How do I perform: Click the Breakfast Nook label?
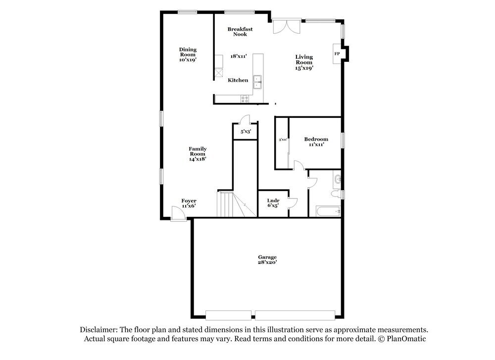pyautogui.click(x=240, y=32)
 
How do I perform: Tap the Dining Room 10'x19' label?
pyautogui.click(x=188, y=54)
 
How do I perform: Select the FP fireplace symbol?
pyautogui.click(x=337, y=53)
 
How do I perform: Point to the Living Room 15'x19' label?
pyautogui.click(x=304, y=62)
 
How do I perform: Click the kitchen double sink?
pyautogui.click(x=257, y=82)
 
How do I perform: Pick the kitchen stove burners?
pyautogui.click(x=245, y=99)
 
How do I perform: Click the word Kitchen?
pyautogui.click(x=238, y=80)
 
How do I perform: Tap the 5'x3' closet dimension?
pyautogui.click(x=246, y=132)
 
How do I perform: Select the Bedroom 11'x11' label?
pyautogui.click(x=316, y=142)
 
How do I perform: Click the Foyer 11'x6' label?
pyautogui.click(x=189, y=203)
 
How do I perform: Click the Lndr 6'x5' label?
pyautogui.click(x=273, y=203)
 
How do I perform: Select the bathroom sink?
pyautogui.click(x=338, y=179)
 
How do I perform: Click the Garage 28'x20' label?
pyautogui.click(x=267, y=259)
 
